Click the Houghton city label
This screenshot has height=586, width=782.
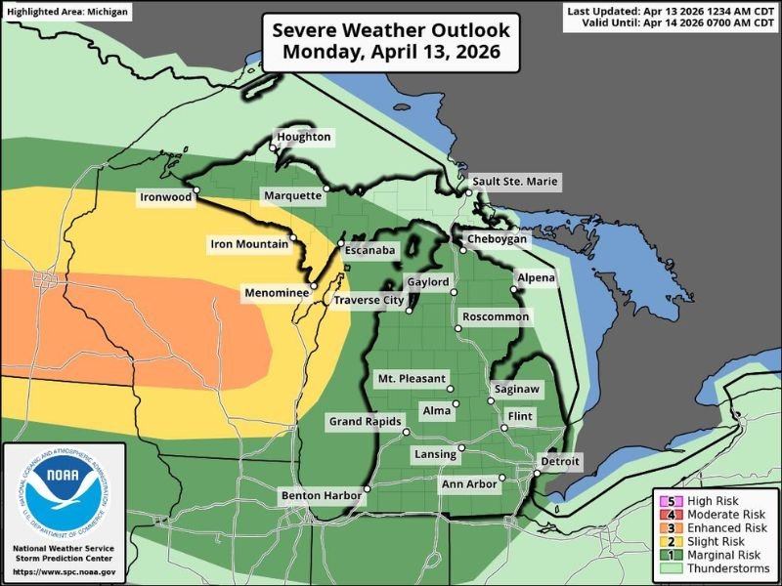coord(305,138)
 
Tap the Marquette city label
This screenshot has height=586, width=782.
coord(292,196)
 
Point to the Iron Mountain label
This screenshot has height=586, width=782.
coord(249,243)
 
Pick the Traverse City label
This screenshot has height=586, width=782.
coord(369,301)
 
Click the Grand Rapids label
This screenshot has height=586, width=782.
coord(365,422)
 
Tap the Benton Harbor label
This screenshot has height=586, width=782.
coord(322,495)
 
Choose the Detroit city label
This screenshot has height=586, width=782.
coord(559,461)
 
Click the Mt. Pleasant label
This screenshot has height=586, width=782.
coord(412,378)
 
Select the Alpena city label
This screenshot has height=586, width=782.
coord(536,278)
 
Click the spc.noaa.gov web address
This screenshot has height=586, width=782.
coord(65,571)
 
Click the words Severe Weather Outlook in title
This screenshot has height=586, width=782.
coord(390,29)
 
